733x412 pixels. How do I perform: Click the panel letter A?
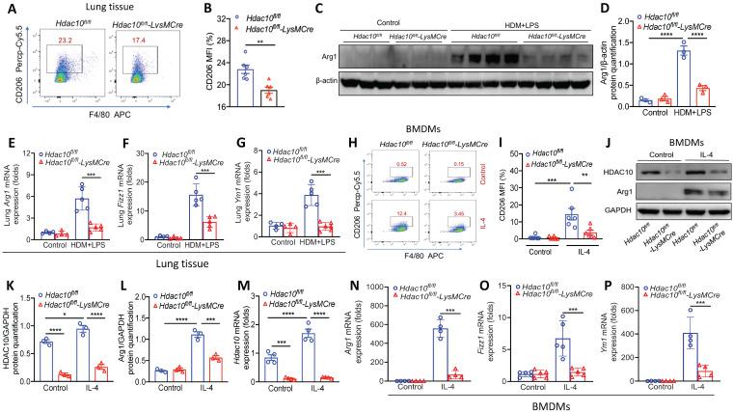8,7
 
